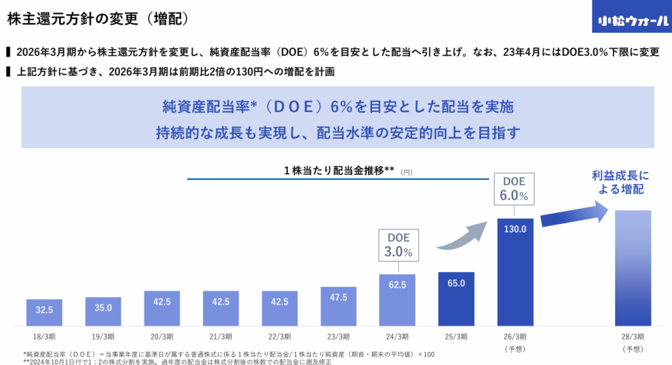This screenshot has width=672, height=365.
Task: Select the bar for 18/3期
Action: coord(44,312)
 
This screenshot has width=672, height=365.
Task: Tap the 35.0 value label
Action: coord(103,307)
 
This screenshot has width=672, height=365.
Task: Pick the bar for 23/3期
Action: coord(338,306)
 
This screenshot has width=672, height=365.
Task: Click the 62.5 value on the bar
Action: coord(397,285)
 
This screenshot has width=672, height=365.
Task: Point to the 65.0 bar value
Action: coord(456,283)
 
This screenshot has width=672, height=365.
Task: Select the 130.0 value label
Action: coord(514,229)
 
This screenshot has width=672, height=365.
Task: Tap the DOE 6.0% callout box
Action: coord(514,189)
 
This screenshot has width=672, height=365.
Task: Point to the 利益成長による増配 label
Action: coord(619,183)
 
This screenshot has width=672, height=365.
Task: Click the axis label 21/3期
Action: coord(220,336)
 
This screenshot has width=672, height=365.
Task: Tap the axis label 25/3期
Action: coord(455,336)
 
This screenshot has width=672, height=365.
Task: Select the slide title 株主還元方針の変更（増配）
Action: coord(98,19)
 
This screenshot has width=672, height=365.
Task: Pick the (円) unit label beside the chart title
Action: coord(407,172)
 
